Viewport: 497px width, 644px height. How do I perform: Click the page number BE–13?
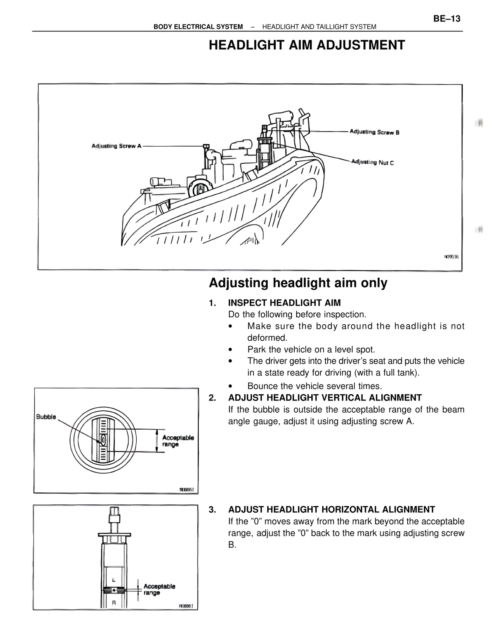[x=447, y=18]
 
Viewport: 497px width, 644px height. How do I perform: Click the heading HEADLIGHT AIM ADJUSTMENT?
[x=307, y=45]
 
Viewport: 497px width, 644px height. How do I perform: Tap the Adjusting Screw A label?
[x=116, y=146]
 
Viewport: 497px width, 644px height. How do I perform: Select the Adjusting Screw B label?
[x=375, y=132]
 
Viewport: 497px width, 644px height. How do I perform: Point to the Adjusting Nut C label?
[x=372, y=162]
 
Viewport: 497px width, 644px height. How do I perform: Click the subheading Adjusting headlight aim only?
[x=298, y=283]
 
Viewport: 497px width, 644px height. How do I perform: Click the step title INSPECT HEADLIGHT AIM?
[x=284, y=303]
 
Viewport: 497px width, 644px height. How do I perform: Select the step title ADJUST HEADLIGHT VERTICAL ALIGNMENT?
[x=325, y=398]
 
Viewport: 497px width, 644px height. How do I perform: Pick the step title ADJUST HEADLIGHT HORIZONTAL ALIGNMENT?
[x=331, y=509]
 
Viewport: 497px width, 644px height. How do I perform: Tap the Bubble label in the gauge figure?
[x=46, y=417]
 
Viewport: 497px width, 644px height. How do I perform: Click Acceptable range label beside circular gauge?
[x=178, y=441]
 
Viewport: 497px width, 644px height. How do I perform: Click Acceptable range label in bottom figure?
[x=159, y=590]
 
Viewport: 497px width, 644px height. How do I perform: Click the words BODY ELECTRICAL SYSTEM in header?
[x=198, y=27]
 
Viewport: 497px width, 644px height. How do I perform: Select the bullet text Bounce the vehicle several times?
[x=315, y=386]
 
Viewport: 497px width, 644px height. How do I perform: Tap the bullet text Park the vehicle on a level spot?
[x=311, y=350]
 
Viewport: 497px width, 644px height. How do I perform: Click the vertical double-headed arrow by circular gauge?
[x=157, y=441]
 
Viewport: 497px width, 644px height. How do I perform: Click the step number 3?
[x=212, y=509]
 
